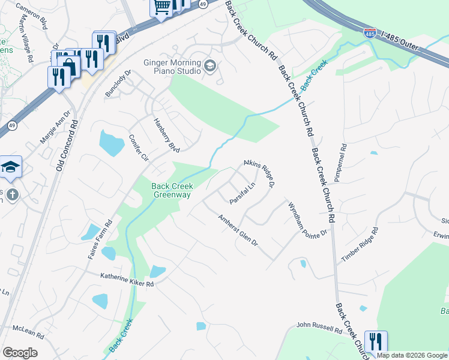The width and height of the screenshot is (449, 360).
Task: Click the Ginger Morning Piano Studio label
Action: point(171,67)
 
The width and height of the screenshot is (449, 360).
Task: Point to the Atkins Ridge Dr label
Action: point(259,174)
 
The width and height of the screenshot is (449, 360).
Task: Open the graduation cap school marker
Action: point(10,167)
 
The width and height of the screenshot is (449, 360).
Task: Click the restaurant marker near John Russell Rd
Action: point(376,342)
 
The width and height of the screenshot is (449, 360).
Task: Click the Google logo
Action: point(20,353)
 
